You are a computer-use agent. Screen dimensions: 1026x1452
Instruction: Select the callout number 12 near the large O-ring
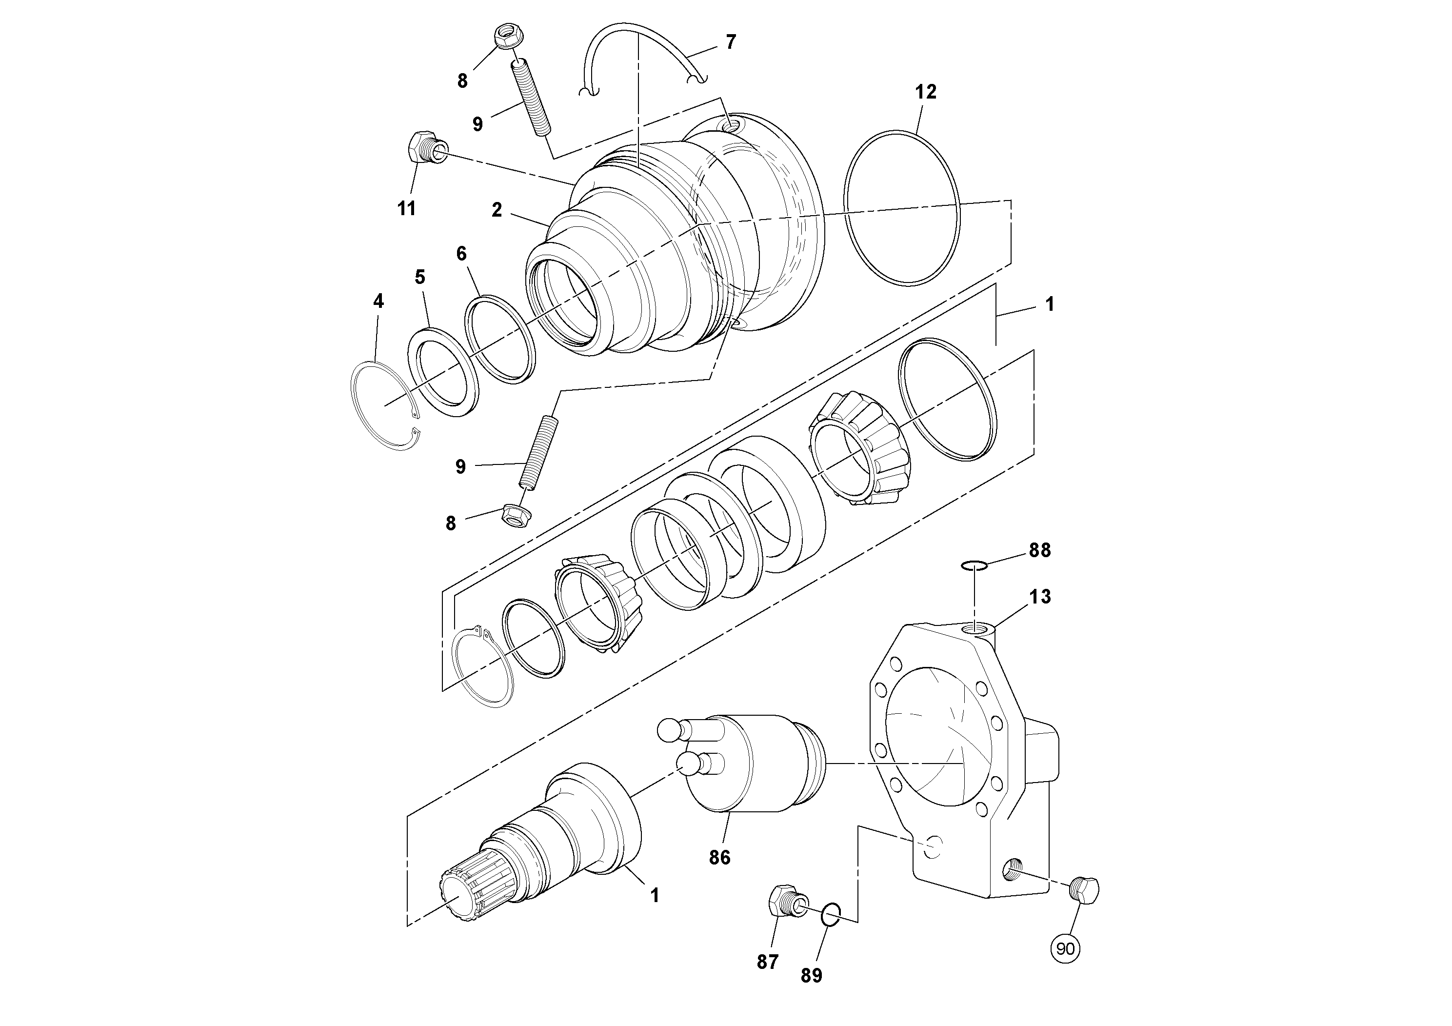(x=925, y=92)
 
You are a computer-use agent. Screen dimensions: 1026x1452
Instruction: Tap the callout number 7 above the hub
(x=731, y=42)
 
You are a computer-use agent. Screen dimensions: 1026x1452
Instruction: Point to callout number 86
(x=720, y=858)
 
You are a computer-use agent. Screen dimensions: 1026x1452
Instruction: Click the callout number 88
(x=1040, y=550)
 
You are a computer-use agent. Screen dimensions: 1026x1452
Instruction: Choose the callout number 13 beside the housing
(x=1040, y=597)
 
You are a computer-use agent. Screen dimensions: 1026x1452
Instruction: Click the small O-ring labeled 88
(x=975, y=564)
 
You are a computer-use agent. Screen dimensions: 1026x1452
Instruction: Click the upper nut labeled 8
(x=505, y=37)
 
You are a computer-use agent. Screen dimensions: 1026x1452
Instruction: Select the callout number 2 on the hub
(x=497, y=210)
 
